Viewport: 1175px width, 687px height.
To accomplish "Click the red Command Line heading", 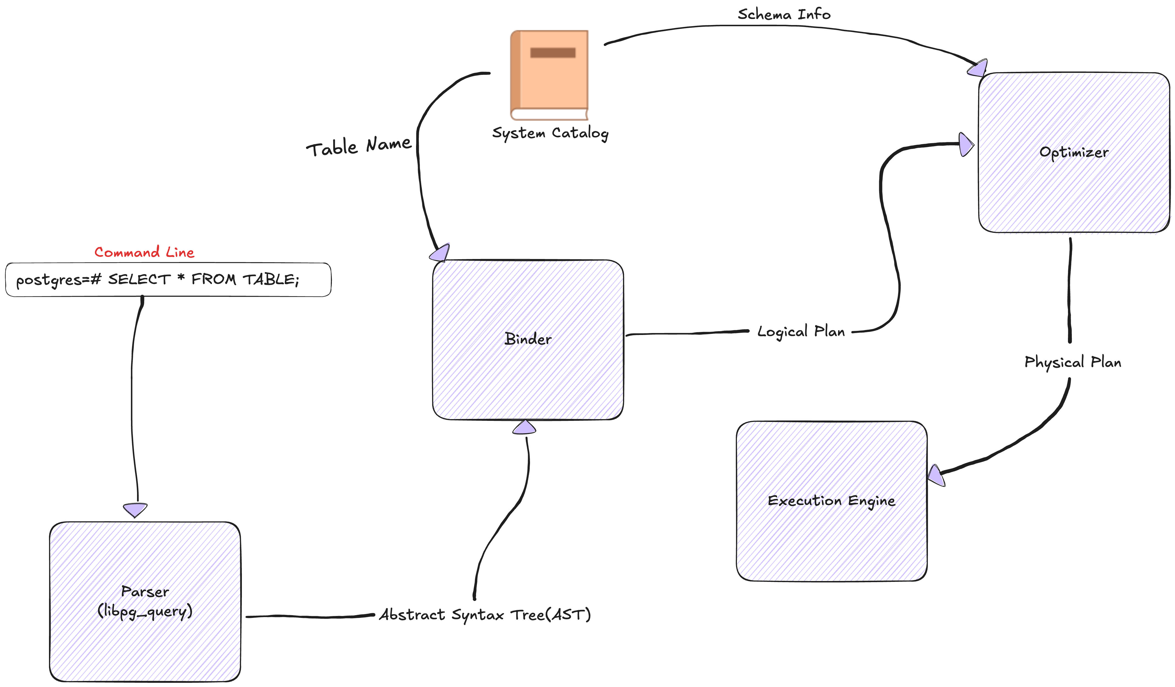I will (x=144, y=252).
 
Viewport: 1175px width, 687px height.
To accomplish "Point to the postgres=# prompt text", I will (x=58, y=280).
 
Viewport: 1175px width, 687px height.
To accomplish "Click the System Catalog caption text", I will (x=550, y=133).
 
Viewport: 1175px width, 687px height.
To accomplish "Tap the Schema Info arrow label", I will (x=784, y=15).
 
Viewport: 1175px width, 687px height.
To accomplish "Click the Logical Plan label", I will (x=800, y=332).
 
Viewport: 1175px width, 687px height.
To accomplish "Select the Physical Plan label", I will (x=1072, y=362).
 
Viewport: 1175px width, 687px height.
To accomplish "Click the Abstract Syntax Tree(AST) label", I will (x=485, y=615).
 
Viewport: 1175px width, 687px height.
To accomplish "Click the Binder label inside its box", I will (x=527, y=339).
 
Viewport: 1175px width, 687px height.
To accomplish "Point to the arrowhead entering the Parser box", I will (x=135, y=510).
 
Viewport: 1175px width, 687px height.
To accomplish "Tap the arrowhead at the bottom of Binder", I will (x=524, y=427).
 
